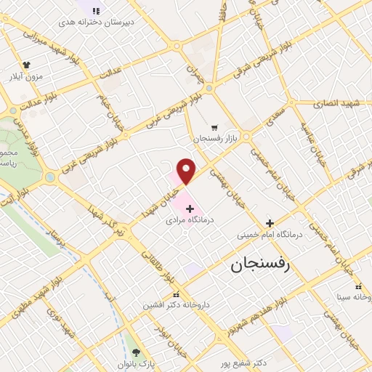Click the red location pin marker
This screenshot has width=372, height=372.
[187, 170]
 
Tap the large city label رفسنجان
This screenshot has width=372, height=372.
[260, 265]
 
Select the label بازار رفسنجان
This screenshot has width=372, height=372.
[217, 137]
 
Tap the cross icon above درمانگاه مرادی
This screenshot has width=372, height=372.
[190, 209]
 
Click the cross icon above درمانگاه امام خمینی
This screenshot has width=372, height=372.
[270, 224]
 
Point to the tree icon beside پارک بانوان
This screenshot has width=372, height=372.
[136, 352]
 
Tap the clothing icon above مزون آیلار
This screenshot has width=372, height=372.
[27, 65]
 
